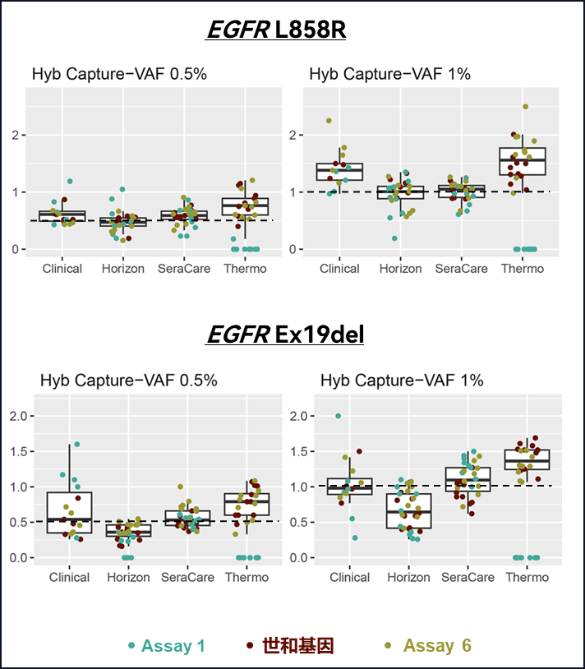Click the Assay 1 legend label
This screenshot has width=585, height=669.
coord(173,646)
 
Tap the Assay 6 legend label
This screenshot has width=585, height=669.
coord(437,646)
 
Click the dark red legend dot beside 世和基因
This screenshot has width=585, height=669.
coord(249,646)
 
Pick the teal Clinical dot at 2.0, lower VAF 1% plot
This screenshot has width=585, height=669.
coord(338,416)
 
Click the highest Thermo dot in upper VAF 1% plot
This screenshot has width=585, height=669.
coord(525,107)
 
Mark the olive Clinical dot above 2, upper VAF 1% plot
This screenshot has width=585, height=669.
coord(329,121)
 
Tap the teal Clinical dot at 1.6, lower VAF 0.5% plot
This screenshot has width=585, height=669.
coord(77,445)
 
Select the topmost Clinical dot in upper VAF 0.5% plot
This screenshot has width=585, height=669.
coord(70,181)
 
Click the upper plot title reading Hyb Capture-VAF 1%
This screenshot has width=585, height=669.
coord(389,75)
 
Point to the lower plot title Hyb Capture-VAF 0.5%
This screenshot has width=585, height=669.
coord(129,381)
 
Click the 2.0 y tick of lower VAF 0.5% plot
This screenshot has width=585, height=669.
coord(23,416)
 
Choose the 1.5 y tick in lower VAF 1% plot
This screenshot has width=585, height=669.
coord(302,451)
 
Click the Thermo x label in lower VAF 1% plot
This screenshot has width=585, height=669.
coord(527,577)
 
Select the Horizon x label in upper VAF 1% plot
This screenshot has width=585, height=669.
coord(401,268)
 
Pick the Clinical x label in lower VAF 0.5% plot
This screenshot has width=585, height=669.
coord(69,577)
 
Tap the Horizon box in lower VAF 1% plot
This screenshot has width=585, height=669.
coord(408,510)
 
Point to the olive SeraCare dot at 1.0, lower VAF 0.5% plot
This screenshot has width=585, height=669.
coord(181,487)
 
